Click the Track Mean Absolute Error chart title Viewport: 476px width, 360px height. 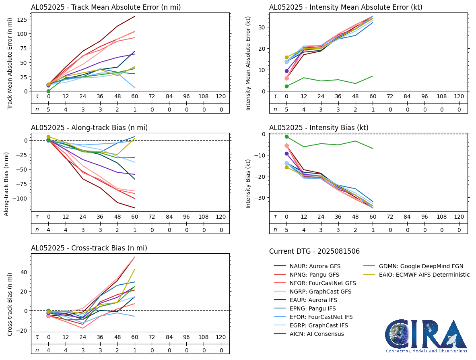point(106,7)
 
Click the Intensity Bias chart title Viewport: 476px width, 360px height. point(319,128)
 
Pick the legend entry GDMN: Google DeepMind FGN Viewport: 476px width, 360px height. point(413,266)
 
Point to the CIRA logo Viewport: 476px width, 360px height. point(426,336)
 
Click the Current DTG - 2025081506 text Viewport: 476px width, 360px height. point(314,251)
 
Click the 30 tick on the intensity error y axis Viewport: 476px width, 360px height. point(262,27)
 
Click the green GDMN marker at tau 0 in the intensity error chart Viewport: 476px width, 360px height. point(286,86)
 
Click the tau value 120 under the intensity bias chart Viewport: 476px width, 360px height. point(459,216)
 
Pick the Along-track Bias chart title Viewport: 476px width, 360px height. point(89,128)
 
